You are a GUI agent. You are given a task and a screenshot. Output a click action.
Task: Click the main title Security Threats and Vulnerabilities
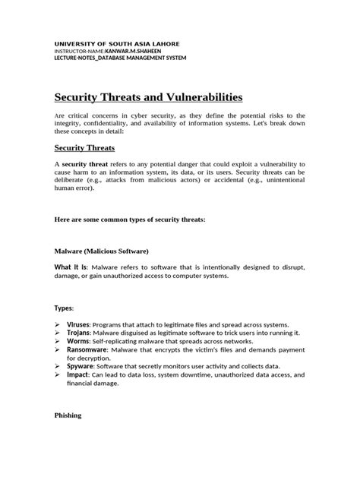149,97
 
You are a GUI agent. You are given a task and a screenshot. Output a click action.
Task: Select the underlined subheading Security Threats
95,147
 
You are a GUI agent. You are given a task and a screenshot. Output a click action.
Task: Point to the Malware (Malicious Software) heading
102,250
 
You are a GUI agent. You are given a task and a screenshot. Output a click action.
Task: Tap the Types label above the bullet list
64,308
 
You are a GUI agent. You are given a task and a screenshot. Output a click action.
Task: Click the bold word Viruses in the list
78,324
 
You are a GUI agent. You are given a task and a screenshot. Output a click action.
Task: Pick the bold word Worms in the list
77,342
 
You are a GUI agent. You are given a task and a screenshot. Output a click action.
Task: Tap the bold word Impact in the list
77,374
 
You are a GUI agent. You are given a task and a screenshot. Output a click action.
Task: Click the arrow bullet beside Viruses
58,324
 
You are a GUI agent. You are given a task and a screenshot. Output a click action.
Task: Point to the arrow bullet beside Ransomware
58,351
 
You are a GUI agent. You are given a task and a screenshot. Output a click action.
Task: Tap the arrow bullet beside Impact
58,374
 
